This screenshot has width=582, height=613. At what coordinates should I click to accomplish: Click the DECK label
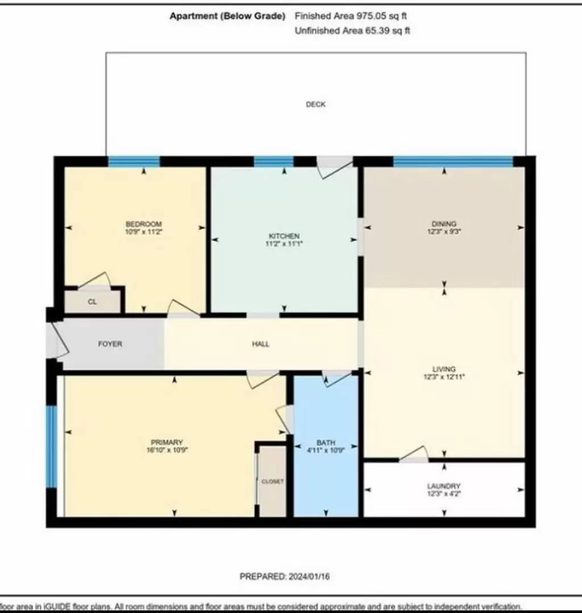click(x=315, y=104)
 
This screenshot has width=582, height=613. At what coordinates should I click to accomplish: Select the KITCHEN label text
click(x=284, y=236)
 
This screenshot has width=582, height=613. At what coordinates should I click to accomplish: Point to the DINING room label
click(x=444, y=224)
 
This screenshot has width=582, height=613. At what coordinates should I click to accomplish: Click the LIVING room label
click(x=444, y=369)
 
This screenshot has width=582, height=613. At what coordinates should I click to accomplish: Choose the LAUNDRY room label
click(x=443, y=486)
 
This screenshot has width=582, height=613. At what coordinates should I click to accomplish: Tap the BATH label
click(x=326, y=443)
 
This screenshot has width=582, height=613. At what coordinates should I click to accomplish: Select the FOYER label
click(x=110, y=344)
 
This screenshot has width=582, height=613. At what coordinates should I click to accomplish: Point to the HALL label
click(x=261, y=344)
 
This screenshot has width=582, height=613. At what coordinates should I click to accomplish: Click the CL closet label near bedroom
click(x=92, y=302)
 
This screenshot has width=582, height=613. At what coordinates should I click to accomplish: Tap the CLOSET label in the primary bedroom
click(x=272, y=481)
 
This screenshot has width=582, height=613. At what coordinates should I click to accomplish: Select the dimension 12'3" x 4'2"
click(x=443, y=493)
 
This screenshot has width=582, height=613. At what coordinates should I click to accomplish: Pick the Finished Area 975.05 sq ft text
click(x=351, y=16)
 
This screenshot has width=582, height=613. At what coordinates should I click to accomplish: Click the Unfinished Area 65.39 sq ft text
click(x=352, y=31)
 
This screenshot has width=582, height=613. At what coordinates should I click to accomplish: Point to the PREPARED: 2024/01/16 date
click(x=285, y=576)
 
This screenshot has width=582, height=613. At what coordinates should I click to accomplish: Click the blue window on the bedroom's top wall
click(x=134, y=162)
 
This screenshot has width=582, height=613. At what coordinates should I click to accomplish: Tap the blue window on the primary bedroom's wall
click(x=52, y=446)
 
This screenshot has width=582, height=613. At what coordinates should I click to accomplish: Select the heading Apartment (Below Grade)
click(x=227, y=16)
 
